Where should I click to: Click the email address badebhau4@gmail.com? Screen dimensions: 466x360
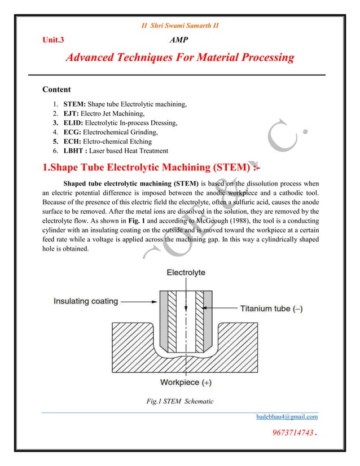click(287, 417)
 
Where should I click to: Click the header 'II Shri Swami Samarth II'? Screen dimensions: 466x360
click(179, 25)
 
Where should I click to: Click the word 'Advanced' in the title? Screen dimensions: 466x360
click(95, 58)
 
